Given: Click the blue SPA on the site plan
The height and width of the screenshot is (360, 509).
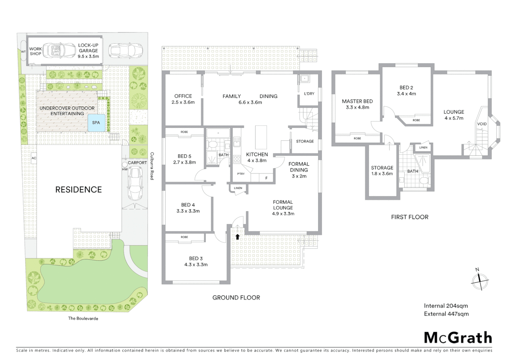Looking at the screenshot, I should pos(96,122).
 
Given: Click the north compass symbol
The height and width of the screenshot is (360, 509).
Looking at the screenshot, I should pos(479,281).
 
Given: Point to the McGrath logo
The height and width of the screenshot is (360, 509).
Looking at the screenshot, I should pos(458,338).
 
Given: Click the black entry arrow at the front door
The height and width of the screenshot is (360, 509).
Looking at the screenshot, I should pos(237,237).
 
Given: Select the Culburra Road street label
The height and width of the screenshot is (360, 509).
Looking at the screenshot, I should pos(152,166).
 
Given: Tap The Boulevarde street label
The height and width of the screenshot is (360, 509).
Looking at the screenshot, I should pos(83,318).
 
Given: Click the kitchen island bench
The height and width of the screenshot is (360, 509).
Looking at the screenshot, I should pos(261,137).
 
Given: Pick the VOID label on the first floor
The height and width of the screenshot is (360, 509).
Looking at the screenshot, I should pos(482,124).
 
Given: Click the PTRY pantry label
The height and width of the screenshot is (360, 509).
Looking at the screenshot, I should pos(241,174).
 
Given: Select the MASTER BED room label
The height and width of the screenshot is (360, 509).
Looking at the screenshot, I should pos(357,101).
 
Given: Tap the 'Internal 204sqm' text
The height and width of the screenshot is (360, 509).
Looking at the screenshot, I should pos(446,306).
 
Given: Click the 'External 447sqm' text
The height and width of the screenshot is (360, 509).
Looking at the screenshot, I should pos(446,314).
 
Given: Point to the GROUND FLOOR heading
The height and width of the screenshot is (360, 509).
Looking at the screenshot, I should pos(236,298).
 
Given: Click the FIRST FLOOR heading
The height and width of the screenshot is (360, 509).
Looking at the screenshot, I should pos(409,217).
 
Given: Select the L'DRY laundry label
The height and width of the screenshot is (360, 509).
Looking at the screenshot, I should pos(309,94).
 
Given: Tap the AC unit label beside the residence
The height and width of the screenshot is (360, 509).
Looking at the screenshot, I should pos(34,158).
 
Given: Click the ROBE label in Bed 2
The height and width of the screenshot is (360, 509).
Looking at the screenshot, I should pos(416,120).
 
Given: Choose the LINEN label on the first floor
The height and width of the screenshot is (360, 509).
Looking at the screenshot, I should pos(423,147).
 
